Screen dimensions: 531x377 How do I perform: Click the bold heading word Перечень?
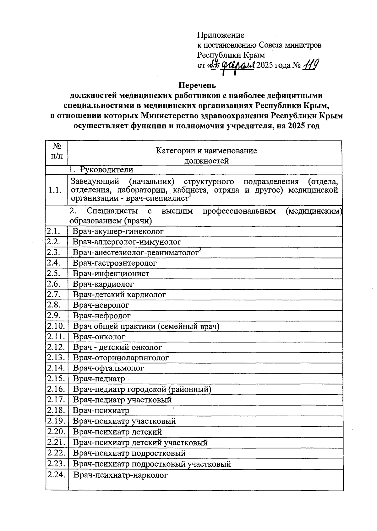[x=197, y=85]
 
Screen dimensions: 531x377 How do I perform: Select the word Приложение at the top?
[x=221, y=35]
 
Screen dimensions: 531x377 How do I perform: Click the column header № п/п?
[x=57, y=151]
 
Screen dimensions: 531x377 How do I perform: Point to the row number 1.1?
[x=55, y=190]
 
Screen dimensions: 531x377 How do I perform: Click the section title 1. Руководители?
[x=101, y=170]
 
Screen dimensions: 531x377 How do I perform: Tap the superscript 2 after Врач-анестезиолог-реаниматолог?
[x=200, y=250]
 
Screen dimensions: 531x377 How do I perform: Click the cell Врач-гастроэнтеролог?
[x=115, y=263]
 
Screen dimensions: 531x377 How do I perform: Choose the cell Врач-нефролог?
[x=102, y=316]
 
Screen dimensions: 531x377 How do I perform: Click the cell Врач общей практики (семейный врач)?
[x=146, y=326]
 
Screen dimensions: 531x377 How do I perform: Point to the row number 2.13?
[x=56, y=357]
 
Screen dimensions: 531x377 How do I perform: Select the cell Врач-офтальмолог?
[x=108, y=368]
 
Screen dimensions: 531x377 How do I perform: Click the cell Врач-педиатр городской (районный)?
[x=142, y=389]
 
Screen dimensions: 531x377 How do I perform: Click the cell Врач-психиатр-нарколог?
[x=121, y=475]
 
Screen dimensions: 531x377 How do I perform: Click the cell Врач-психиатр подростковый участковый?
[x=152, y=464]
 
